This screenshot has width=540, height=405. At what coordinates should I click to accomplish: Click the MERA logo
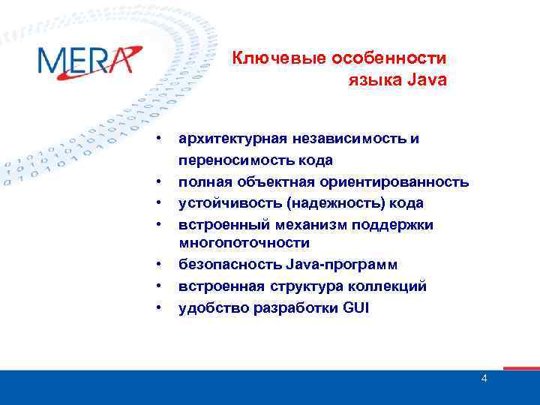88,60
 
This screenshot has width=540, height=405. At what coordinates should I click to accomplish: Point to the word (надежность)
335,203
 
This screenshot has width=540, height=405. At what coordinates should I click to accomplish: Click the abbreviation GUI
356,307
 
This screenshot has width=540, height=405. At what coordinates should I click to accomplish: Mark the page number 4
484,379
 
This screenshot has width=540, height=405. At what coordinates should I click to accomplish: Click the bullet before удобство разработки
160,308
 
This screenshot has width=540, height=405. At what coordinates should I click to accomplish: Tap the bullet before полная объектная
160,182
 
